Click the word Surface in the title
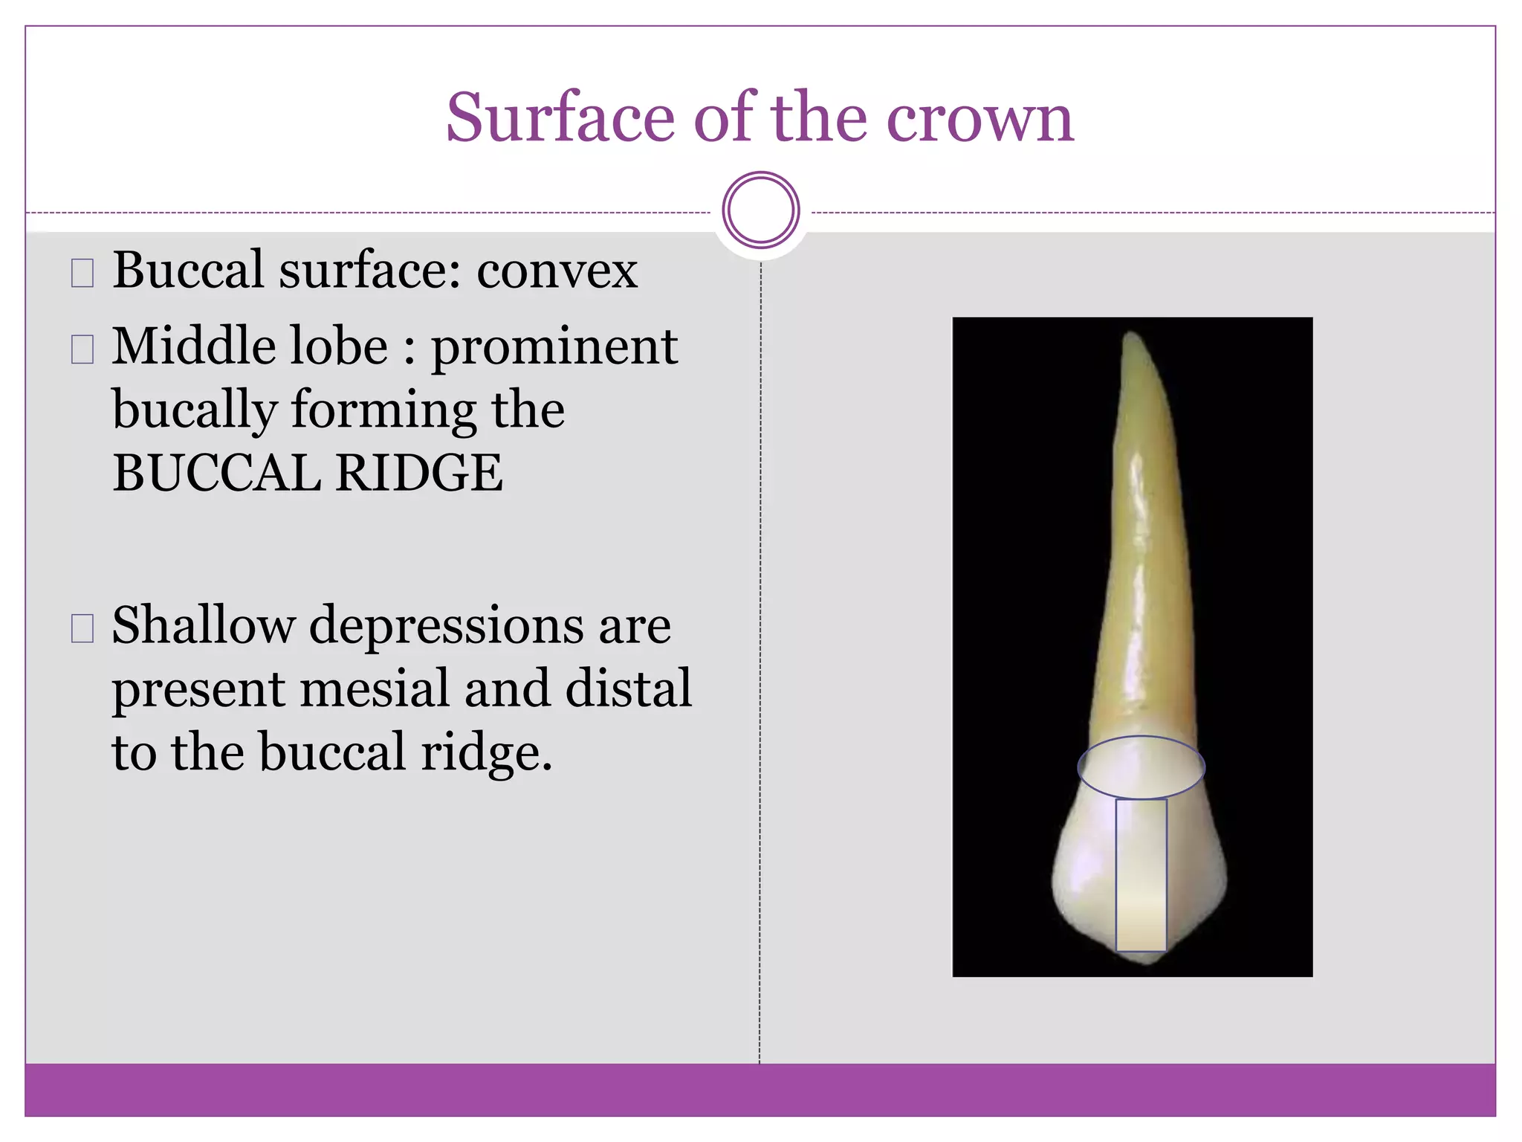click(560, 119)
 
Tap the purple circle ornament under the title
click(760, 210)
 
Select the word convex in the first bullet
click(557, 271)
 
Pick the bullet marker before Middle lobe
click(82, 349)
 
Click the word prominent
click(554, 348)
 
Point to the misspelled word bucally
click(195, 411)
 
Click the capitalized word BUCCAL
click(216, 474)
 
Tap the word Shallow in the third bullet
click(203, 625)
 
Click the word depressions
click(447, 627)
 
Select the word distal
click(629, 688)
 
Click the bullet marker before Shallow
click(82, 628)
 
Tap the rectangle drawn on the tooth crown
click(1141, 875)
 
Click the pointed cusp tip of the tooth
click(1144, 961)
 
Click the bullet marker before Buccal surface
click(82, 273)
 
